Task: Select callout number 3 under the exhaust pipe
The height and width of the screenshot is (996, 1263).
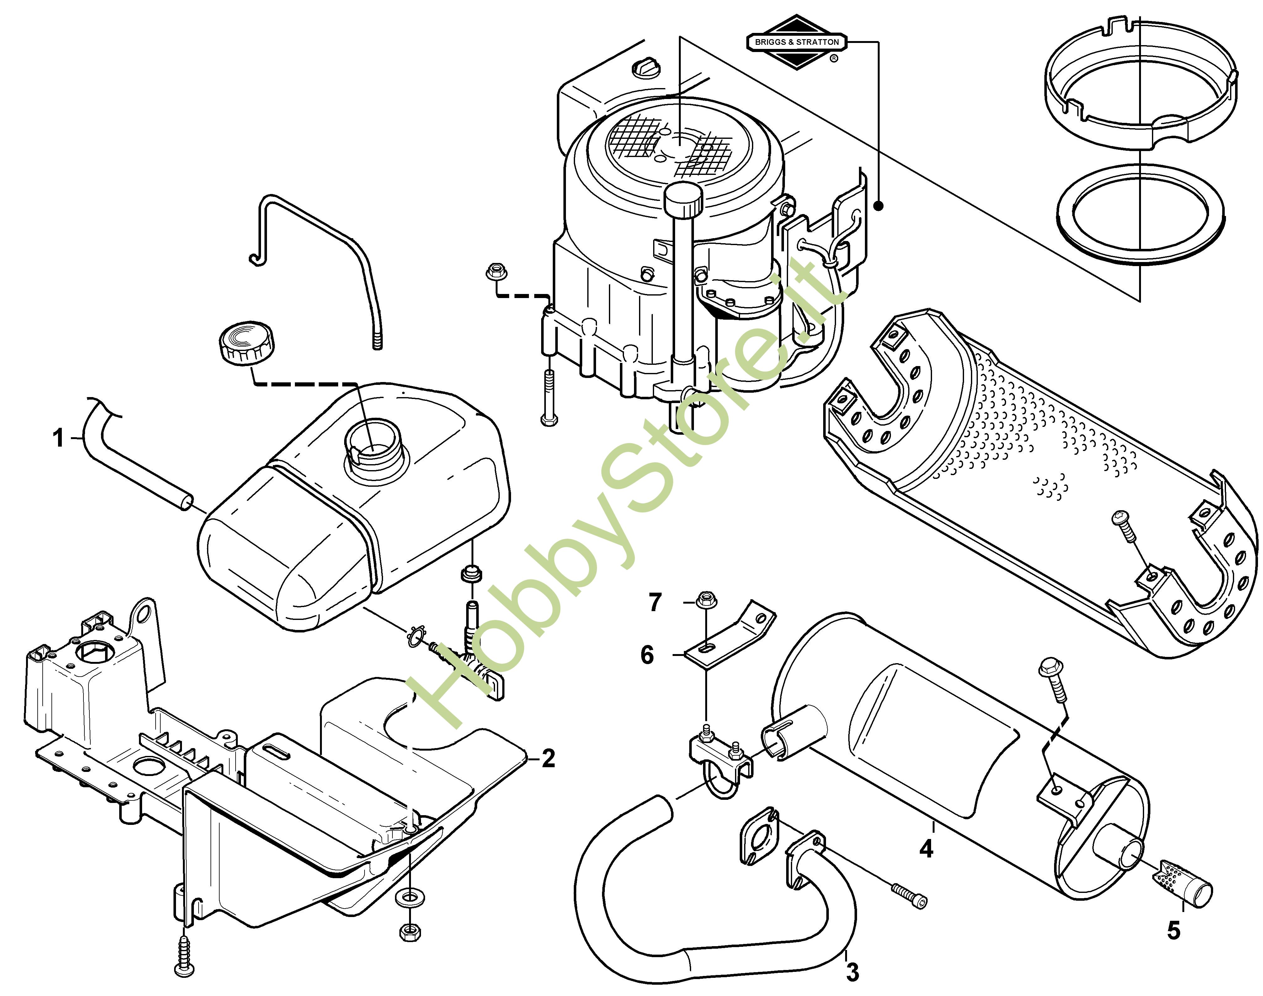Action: coord(853,972)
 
